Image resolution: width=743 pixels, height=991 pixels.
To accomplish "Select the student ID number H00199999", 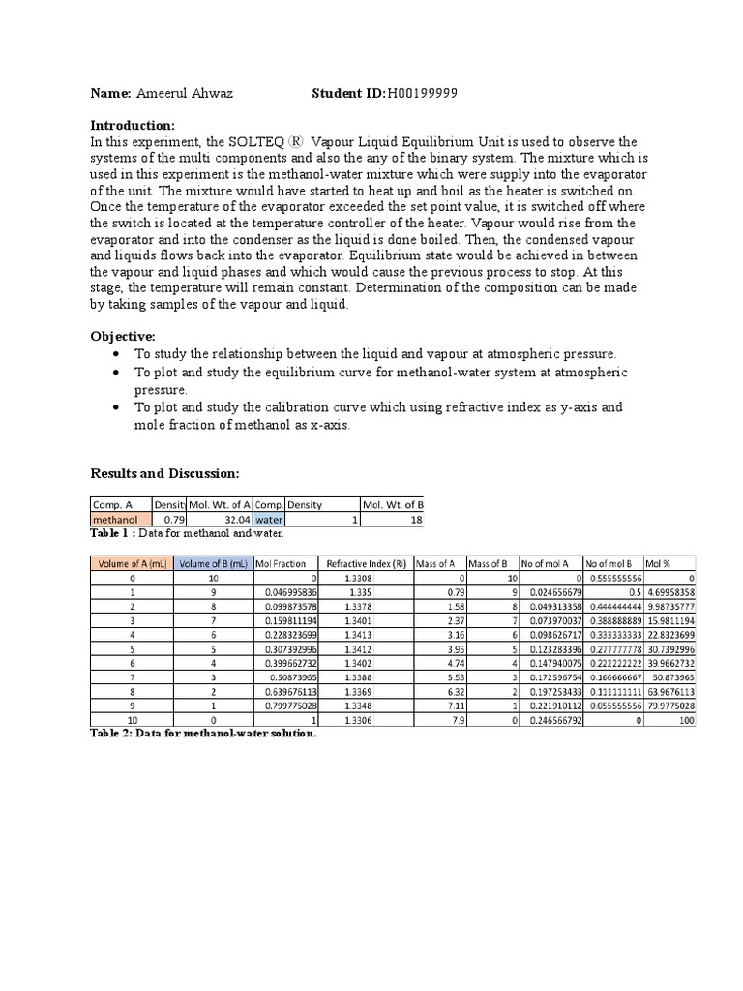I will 422,93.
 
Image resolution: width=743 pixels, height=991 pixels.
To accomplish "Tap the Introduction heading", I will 133,126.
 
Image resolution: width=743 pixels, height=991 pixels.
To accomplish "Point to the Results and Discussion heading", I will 163,473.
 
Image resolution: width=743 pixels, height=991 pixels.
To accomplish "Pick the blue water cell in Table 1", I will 268,520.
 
